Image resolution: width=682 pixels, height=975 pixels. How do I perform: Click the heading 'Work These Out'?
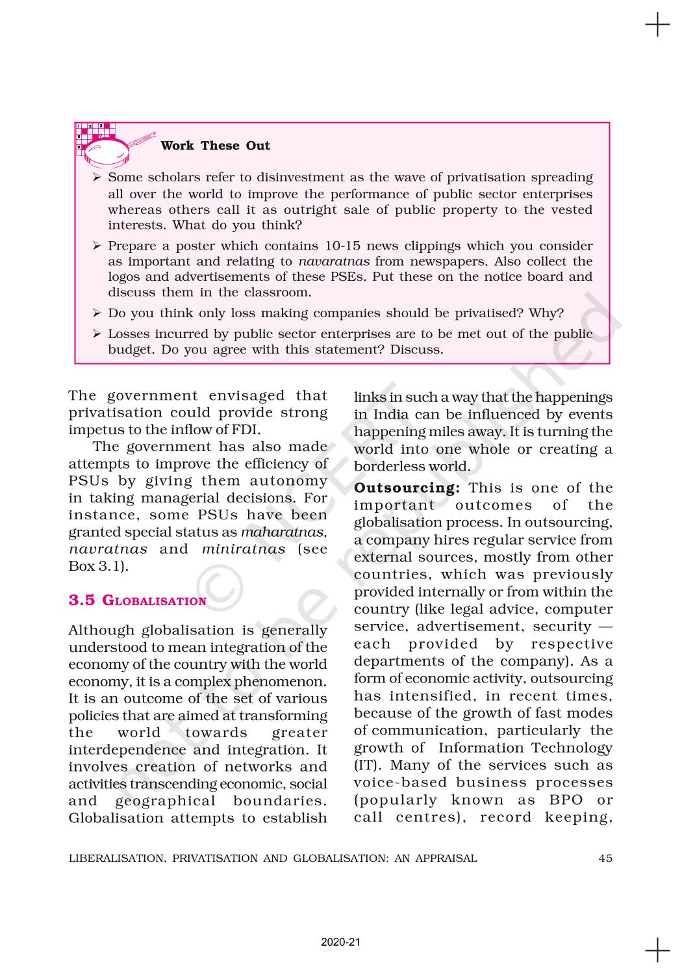pyautogui.click(x=215, y=146)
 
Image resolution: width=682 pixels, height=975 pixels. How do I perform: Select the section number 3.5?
pyautogui.click(x=82, y=600)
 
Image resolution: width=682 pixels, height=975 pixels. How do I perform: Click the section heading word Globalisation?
pyautogui.click(x=155, y=601)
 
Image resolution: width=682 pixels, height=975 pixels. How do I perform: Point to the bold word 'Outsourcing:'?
pyautogui.click(x=407, y=488)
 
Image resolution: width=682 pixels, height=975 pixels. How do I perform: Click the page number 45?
pyautogui.click(x=605, y=858)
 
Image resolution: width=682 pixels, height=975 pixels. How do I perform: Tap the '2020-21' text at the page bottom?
pyautogui.click(x=340, y=942)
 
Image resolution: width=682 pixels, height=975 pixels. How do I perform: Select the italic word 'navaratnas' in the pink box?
pyautogui.click(x=334, y=261)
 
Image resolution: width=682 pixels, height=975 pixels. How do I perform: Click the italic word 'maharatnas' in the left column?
pyautogui.click(x=283, y=532)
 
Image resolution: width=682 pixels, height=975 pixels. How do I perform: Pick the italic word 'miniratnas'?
pyautogui.click(x=244, y=549)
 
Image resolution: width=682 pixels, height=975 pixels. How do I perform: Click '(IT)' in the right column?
pyautogui.click(x=368, y=766)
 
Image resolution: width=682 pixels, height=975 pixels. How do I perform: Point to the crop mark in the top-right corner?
pyautogui.click(x=657, y=25)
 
